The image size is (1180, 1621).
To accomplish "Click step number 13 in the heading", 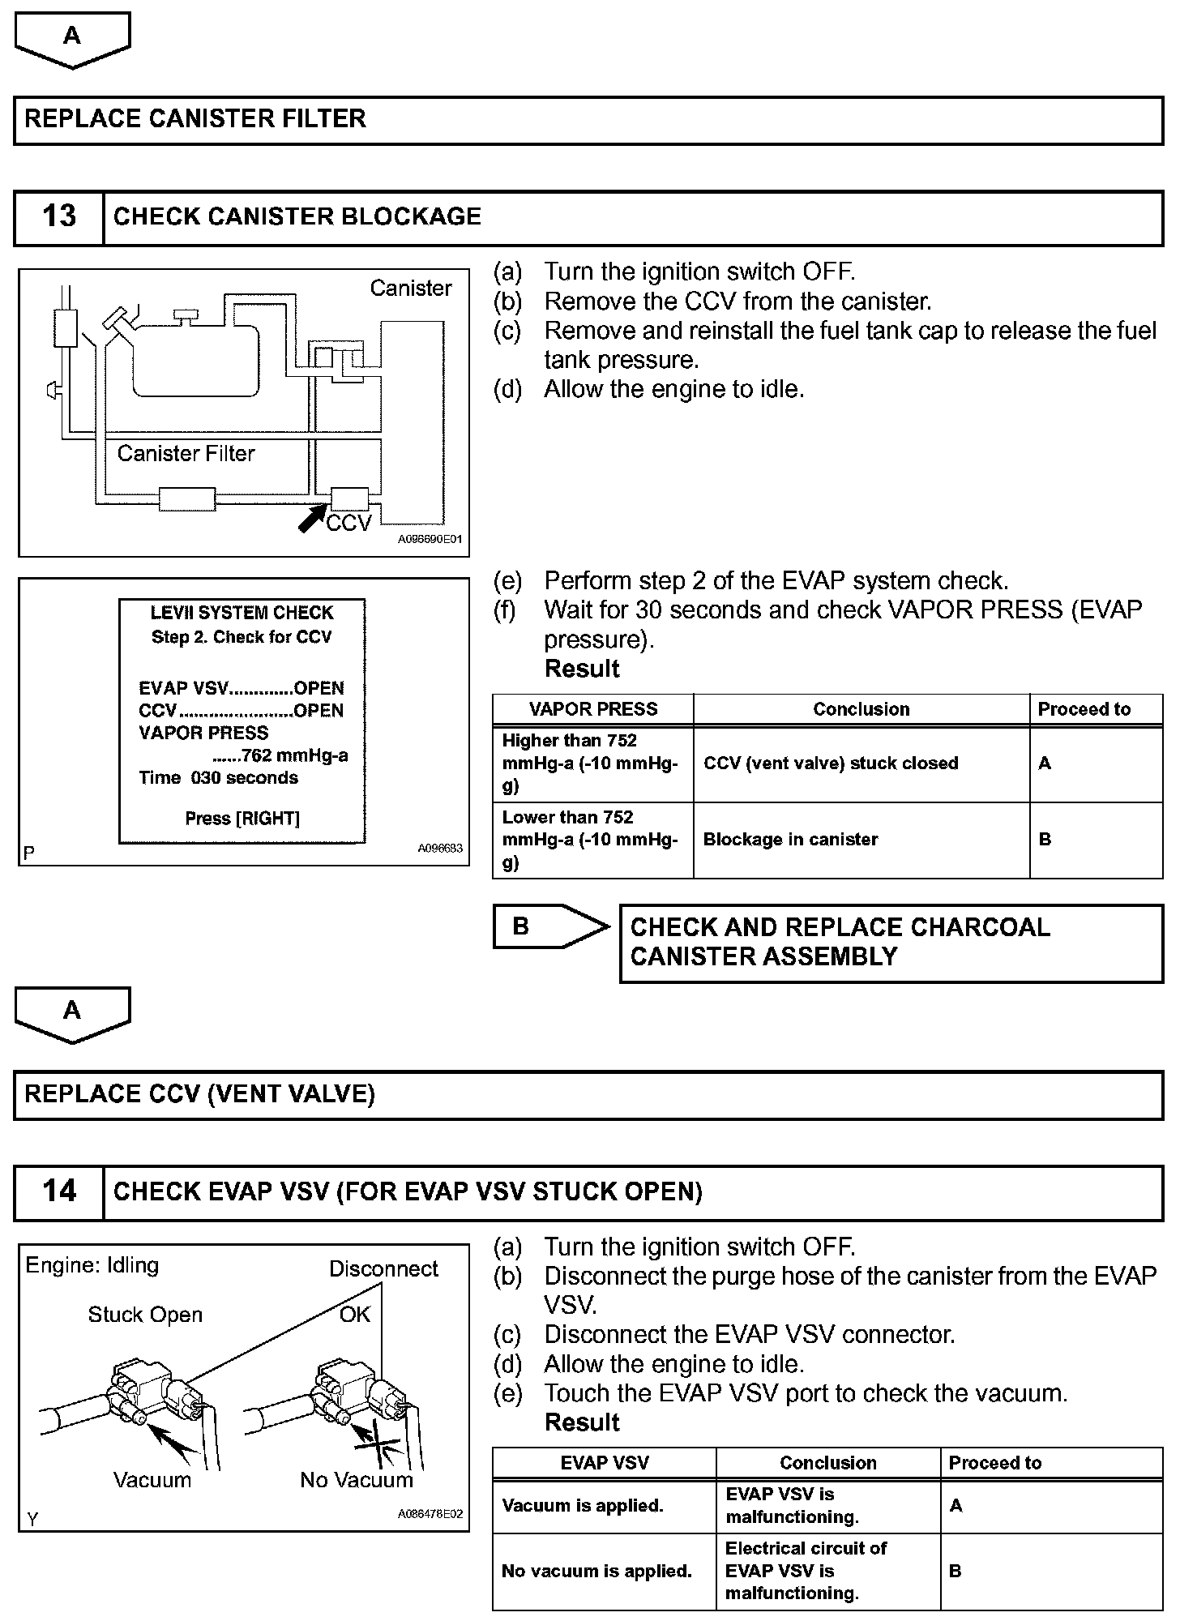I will [59, 217].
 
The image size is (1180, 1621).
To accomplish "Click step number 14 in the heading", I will [59, 1191].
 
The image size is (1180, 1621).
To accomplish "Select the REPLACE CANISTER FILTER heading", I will [195, 119].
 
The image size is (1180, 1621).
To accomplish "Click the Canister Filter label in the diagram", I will [186, 454].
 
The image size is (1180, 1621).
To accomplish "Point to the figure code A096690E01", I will [430, 540].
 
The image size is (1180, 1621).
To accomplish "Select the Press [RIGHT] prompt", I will [242, 819].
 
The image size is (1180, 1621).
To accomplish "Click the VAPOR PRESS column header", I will [593, 709].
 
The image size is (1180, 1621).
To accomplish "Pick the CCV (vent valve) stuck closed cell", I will [831, 763].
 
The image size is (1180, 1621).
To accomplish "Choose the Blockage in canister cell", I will [790, 840].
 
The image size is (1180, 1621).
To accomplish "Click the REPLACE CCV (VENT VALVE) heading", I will [199, 1095].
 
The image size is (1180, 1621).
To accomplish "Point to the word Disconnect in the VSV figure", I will [383, 1269].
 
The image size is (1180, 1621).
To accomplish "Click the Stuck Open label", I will [145, 1315].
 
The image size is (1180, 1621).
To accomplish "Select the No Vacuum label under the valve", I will [357, 1481].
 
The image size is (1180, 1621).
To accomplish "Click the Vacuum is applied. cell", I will [583, 1506].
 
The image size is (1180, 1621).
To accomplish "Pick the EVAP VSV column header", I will [605, 1463].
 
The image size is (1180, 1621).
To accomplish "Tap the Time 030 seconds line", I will [218, 778].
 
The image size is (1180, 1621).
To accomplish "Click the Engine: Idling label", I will [92, 1266].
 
